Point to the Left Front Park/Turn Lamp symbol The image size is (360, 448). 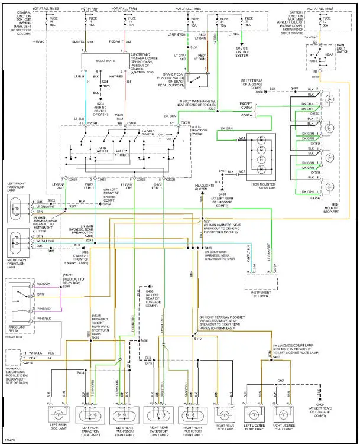click(x=18, y=207)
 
